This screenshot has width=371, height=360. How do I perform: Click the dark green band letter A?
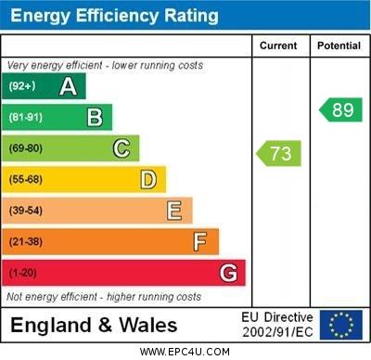coord(68,86)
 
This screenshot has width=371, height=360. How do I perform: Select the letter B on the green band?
coord(95,117)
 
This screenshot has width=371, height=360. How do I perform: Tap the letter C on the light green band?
coord(122,148)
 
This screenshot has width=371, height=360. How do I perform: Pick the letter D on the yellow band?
coord(148,179)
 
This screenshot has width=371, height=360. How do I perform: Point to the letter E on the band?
coord(174,211)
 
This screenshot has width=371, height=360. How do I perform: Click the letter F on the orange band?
coord(200,242)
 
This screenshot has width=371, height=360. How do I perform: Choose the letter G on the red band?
coord(228,273)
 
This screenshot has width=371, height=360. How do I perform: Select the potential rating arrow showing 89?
coord(340,109)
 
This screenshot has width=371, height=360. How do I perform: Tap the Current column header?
coord(278,45)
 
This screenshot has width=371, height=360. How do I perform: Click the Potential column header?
coord(339,45)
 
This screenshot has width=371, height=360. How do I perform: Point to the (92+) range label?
coord(22,86)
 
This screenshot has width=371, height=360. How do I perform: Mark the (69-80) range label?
coord(26,148)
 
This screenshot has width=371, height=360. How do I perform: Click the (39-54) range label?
coord(26,211)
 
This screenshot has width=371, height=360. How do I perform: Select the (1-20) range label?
coord(23,273)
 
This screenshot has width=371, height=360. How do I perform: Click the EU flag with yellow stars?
coord(340,325)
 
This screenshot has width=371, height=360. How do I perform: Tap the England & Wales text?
coord(94,325)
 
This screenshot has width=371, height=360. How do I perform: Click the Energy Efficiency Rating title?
coord(114,16)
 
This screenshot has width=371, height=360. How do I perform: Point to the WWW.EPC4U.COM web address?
coord(185,352)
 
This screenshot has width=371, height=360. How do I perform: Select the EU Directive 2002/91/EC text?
coord(277,325)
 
